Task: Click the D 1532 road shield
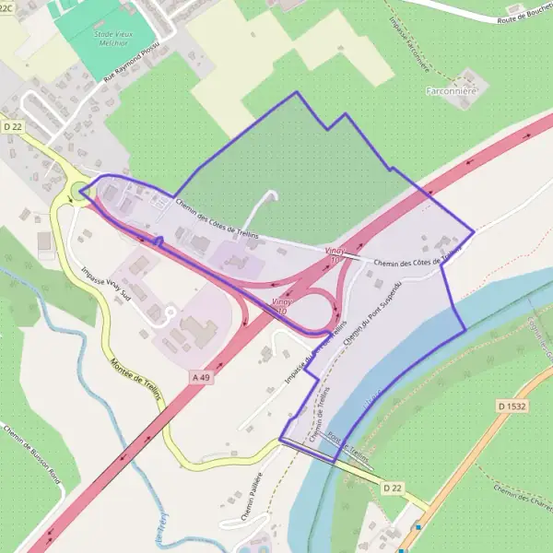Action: point(511,405)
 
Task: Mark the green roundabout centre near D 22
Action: point(76,193)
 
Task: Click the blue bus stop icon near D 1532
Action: point(418,527)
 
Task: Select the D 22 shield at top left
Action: point(12,125)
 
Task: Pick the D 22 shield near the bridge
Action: point(392,488)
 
